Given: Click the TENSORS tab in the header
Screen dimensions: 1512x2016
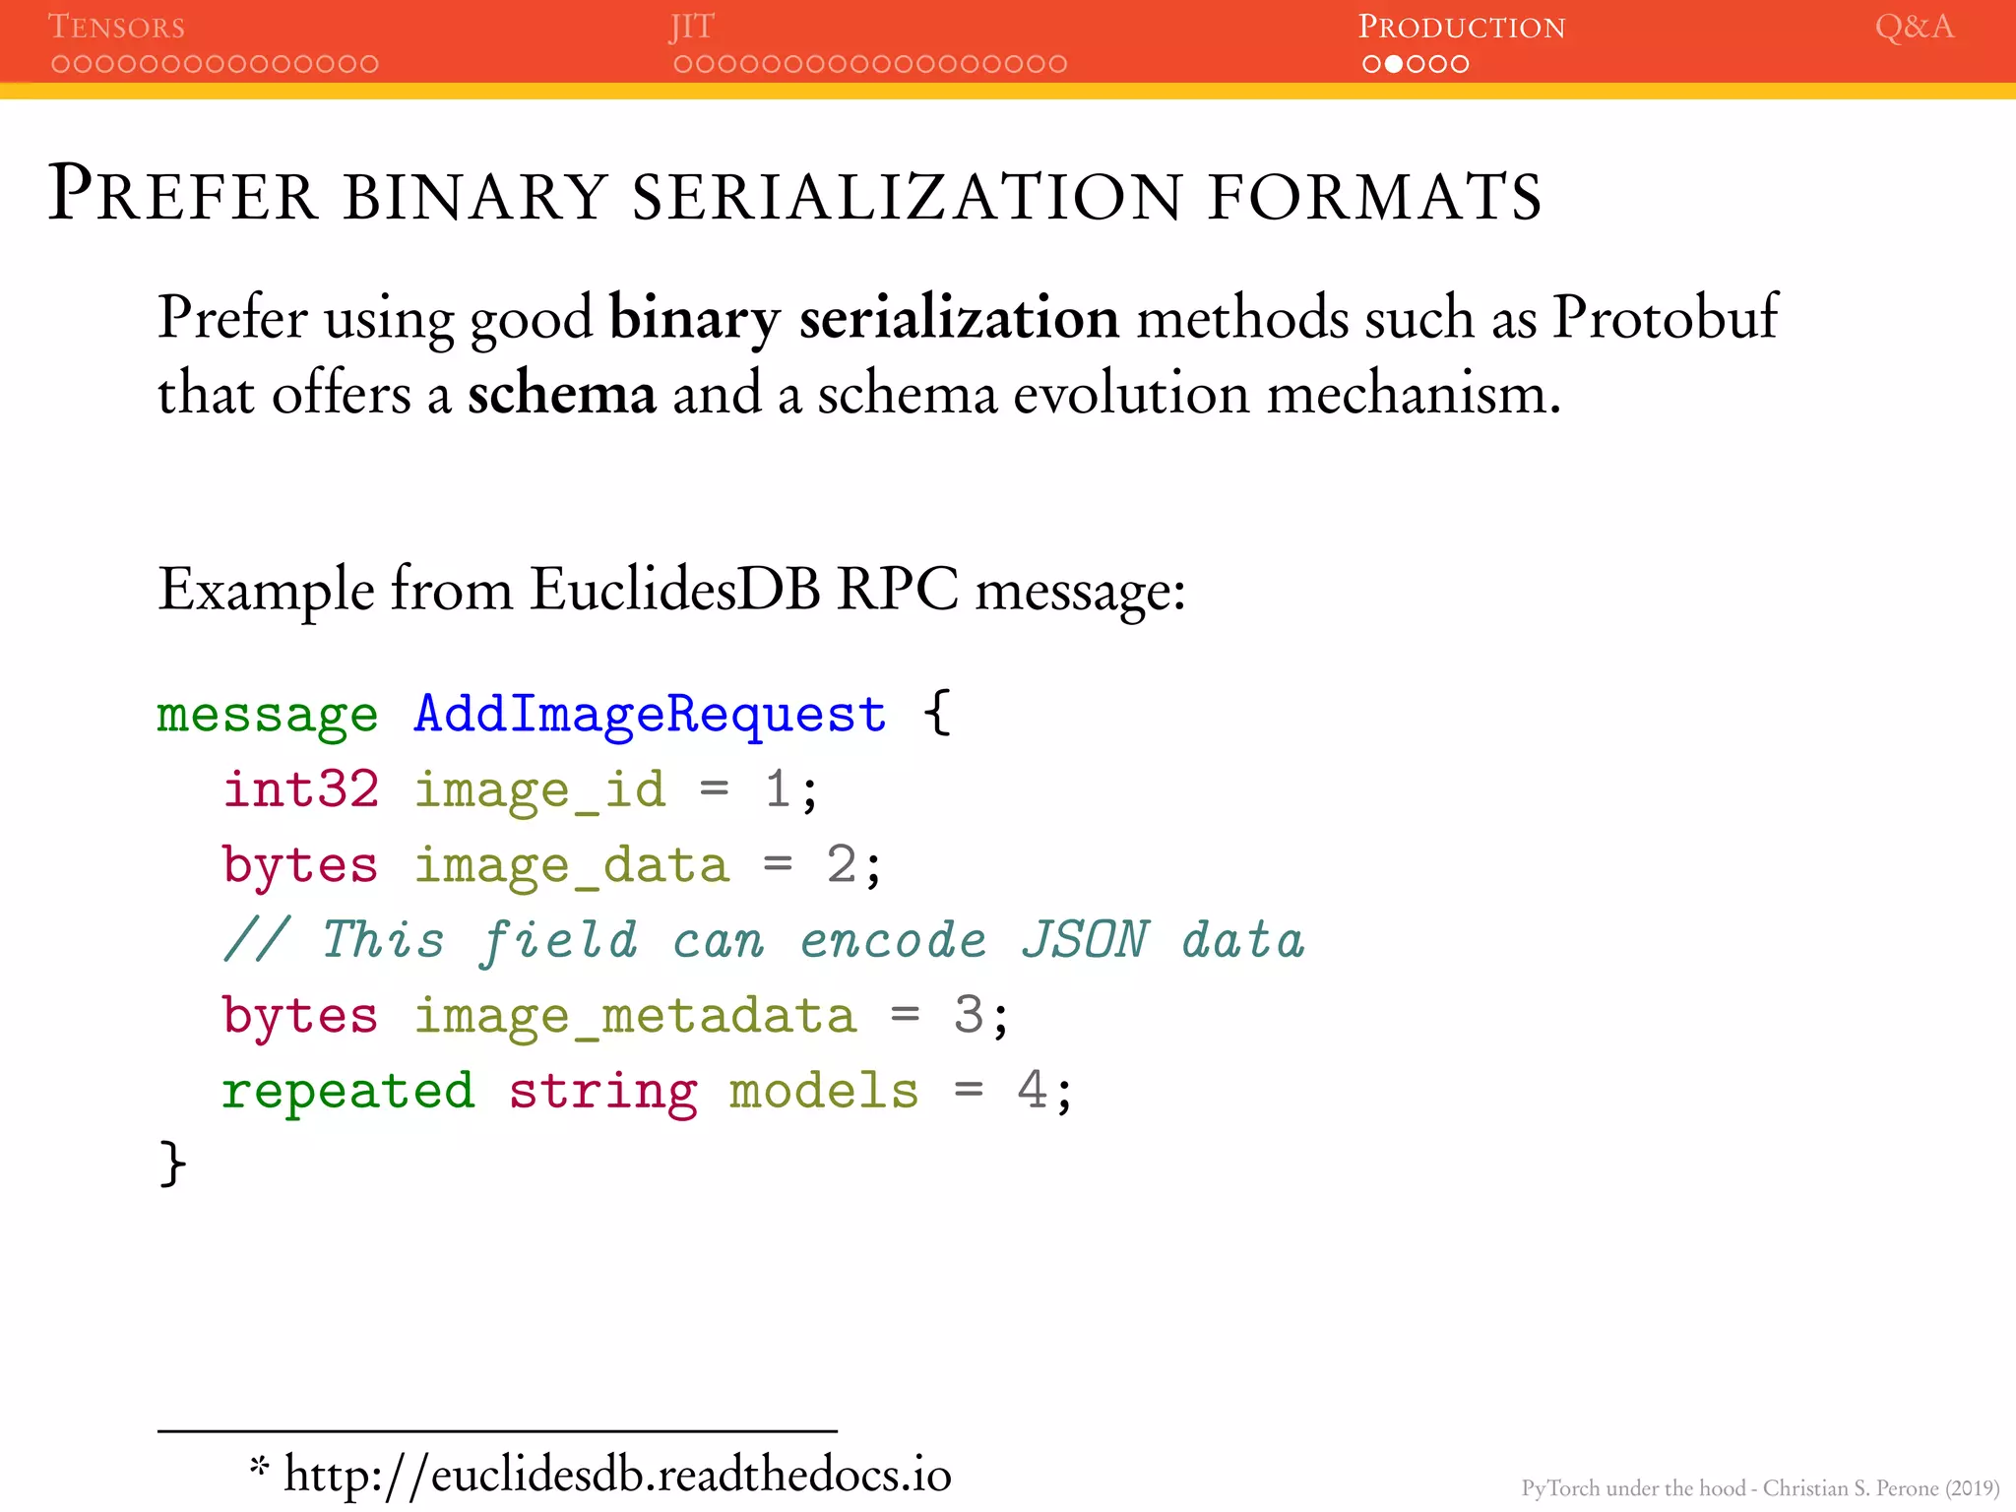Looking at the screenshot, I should [116, 27].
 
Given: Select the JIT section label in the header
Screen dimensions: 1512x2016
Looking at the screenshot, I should [691, 27].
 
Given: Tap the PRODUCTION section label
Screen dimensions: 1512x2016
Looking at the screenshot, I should [1461, 27].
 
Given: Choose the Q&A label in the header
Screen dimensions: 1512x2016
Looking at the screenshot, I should [1914, 27].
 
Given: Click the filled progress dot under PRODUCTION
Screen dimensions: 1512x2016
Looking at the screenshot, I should [1394, 64].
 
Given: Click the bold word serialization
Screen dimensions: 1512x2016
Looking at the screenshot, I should [959, 317].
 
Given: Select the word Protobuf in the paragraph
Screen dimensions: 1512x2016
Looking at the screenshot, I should [1665, 317].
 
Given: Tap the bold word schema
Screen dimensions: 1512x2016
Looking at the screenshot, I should [561, 394].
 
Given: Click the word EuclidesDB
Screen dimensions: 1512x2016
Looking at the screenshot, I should [674, 590].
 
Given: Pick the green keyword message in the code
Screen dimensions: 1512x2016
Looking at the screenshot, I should [267, 714].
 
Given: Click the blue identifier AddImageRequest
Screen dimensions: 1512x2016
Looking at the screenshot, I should [650, 714].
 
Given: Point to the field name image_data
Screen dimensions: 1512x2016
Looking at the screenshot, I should [571, 865].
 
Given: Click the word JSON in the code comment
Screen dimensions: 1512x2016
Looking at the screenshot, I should [1085, 940].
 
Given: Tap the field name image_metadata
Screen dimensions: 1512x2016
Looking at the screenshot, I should [635, 1016].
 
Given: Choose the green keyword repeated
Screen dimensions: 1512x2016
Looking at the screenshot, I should [347, 1091].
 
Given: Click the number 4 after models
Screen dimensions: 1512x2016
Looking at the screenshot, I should [1031, 1091].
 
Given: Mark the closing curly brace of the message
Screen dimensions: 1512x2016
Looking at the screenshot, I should [171, 1165].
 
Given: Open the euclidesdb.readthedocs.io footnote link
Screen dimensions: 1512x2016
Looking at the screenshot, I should [617, 1475].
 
